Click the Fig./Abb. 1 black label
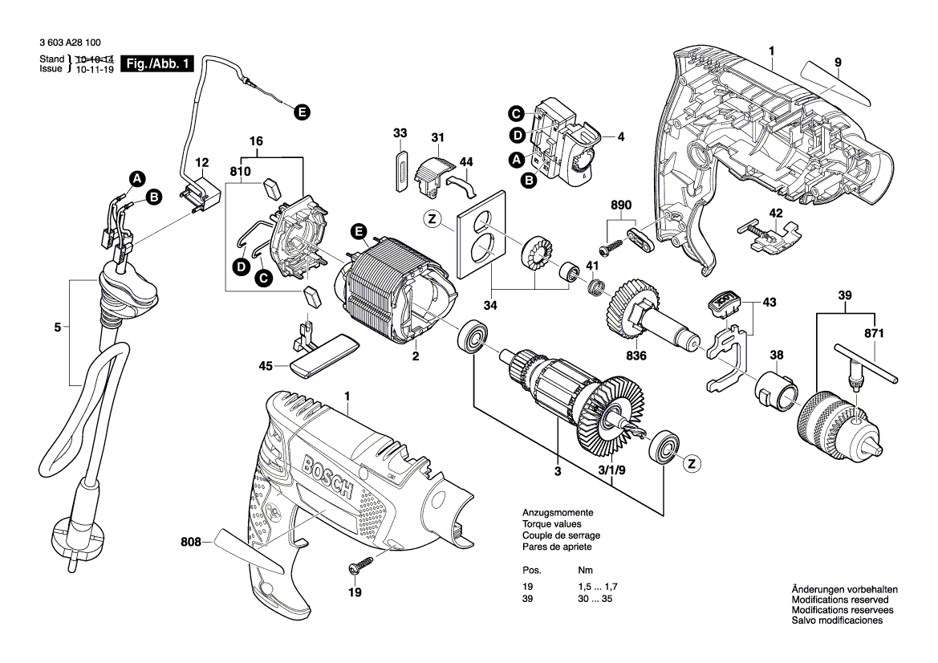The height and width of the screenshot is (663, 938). [157, 65]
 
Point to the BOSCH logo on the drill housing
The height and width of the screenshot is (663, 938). [327, 477]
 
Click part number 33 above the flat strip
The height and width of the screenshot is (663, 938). [400, 132]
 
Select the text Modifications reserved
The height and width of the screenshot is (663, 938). [839, 600]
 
